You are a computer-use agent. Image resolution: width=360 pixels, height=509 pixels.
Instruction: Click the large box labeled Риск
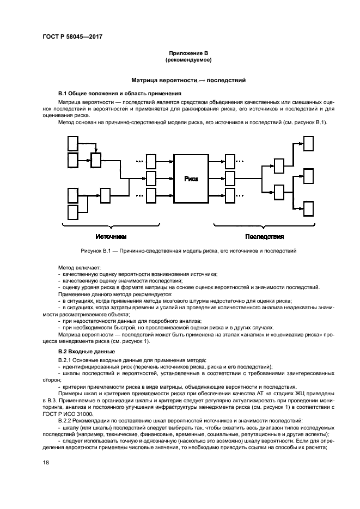tap(191, 179)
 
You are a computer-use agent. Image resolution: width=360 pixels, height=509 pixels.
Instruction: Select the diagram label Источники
tap(111, 237)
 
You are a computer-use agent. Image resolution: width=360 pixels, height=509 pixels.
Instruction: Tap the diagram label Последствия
tap(265, 237)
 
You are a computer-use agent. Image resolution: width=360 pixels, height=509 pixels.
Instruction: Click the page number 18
tap(45, 463)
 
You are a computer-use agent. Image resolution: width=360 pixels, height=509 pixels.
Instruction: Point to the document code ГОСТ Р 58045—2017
tap(72, 36)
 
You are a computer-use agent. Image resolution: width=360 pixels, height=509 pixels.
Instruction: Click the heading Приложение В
tap(188, 53)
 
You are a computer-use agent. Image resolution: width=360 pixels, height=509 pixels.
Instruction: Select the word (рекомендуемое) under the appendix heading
tap(188, 60)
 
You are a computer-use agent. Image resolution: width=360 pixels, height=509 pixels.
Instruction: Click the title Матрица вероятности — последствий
tap(188, 80)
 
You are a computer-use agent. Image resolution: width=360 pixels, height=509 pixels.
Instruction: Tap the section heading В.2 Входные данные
tap(87, 352)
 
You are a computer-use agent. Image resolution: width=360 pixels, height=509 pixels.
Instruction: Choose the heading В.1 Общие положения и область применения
tap(119, 94)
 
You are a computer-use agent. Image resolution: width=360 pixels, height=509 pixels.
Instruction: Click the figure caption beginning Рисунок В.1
tap(188, 251)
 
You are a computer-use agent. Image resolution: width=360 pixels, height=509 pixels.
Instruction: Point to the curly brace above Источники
tap(111, 225)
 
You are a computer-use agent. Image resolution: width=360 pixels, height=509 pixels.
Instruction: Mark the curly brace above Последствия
tap(265, 225)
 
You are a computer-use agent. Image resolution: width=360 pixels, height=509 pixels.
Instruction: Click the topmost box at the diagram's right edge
tap(308, 144)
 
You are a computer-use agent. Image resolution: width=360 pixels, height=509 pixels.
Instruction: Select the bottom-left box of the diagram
tap(73, 212)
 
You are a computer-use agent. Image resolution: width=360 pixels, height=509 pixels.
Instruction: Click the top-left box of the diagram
tap(73, 144)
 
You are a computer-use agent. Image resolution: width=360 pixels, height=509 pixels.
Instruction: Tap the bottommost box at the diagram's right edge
tap(308, 208)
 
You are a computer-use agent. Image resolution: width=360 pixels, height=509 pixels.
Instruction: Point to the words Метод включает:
tap(80, 268)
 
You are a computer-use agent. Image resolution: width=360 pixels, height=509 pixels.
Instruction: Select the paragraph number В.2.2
tap(65, 421)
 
